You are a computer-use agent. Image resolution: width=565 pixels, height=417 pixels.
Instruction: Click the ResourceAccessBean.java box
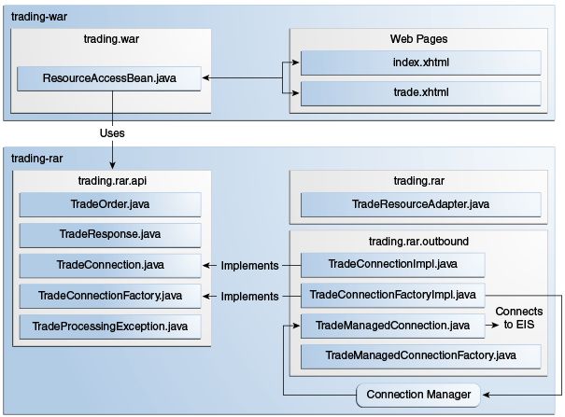coord(111,78)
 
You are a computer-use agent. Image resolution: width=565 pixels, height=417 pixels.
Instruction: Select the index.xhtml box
coord(419,63)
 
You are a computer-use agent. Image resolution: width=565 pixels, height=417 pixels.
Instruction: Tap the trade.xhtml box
coord(419,93)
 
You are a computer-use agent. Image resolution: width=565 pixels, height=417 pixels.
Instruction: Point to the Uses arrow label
coord(112,133)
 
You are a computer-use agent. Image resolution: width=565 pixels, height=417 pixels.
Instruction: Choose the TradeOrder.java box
coord(110,204)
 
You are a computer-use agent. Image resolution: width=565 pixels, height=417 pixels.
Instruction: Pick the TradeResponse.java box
coord(110,235)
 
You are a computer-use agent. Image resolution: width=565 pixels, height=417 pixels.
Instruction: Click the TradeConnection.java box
coord(110,265)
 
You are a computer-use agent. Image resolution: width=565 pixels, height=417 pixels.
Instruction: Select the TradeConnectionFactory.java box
coord(110,296)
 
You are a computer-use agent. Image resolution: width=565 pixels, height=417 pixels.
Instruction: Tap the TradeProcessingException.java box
coord(110,327)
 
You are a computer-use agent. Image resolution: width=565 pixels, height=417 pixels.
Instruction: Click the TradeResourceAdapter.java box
coord(419,204)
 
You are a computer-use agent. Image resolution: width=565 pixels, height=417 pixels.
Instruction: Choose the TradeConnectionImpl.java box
coord(393,265)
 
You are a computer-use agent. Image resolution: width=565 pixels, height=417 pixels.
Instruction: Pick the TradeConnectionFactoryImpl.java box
coord(393,296)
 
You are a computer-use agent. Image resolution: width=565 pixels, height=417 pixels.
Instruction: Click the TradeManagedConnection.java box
coord(393,326)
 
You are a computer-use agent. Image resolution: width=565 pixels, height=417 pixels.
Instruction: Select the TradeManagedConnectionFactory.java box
coord(419,356)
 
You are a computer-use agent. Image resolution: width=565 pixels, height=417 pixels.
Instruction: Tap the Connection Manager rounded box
coord(419,395)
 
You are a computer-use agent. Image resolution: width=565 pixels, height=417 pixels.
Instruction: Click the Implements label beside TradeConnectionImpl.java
coord(249,266)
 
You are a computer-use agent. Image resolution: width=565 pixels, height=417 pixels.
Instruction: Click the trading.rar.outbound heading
coord(418,242)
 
